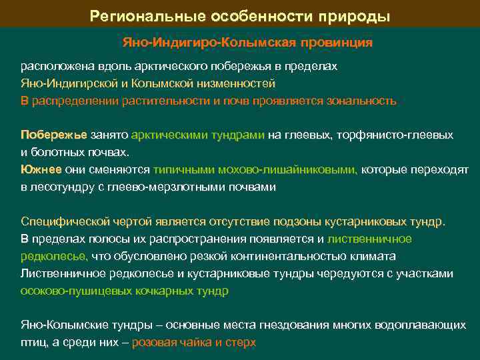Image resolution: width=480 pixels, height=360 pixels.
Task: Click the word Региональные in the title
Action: [141, 15]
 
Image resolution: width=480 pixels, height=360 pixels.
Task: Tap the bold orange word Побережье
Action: [54, 135]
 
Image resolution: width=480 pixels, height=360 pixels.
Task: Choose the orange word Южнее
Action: [41, 170]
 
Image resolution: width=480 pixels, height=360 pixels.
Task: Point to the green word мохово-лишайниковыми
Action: [291, 170]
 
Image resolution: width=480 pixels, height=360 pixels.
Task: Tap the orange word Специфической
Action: [63, 221]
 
